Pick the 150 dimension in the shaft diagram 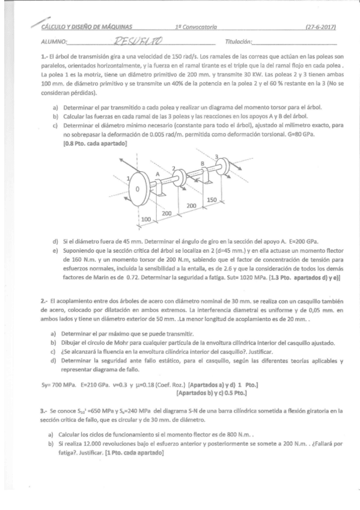tap(211, 200)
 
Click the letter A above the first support tap(158, 173)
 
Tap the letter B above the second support tap(203, 164)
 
